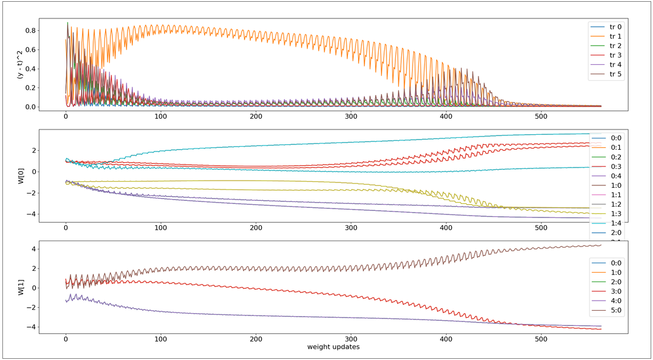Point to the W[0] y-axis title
[x=21, y=176]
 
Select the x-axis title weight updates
[x=333, y=346]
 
